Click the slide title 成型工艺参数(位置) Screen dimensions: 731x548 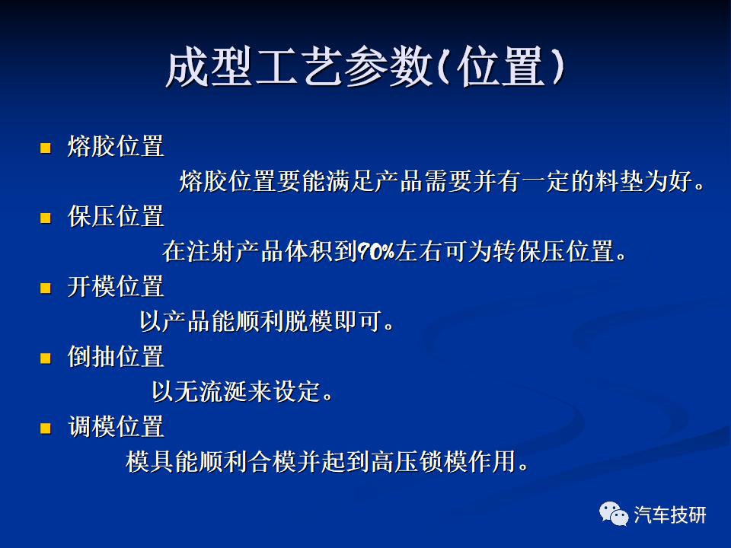pos(365,67)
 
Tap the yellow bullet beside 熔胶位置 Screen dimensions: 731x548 pos(46,148)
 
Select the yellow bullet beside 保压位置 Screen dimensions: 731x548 pos(46,218)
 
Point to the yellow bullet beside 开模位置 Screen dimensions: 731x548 pos(46,288)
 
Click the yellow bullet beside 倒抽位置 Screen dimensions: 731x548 pos(46,358)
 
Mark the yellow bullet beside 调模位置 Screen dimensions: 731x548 pos(46,428)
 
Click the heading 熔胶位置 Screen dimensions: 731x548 pos(116,146)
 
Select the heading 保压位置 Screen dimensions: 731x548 pos(116,216)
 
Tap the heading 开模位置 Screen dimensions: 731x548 pos(116,286)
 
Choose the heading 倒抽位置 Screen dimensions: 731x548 pos(116,356)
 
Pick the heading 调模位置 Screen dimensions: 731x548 pos(116,426)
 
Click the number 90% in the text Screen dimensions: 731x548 pos(375,252)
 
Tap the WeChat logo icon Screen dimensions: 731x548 pos(614,514)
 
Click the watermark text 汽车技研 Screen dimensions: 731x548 pos(670,515)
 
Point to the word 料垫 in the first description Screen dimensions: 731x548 pos(620,181)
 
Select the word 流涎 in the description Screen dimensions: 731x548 pos(223,391)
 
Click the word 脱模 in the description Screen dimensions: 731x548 pos(308,321)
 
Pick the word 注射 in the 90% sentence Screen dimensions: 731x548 pos(210,252)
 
